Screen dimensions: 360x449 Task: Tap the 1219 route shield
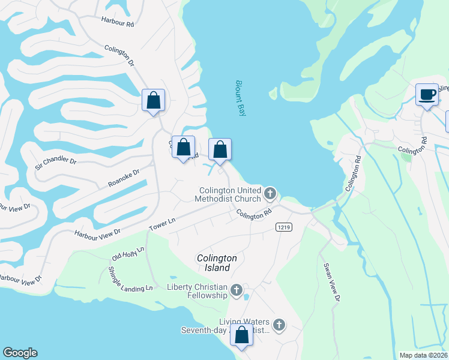pos(284,227)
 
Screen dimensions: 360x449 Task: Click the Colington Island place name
pos(217,263)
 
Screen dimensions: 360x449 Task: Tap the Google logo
pos(20,353)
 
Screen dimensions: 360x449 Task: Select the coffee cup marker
pos(427,95)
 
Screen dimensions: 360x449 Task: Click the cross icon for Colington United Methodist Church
pos(270,194)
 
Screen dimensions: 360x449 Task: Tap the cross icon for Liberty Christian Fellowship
pos(237,291)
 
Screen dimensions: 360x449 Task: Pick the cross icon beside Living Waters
pos(279,325)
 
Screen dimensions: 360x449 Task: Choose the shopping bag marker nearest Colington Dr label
pos(153,100)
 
